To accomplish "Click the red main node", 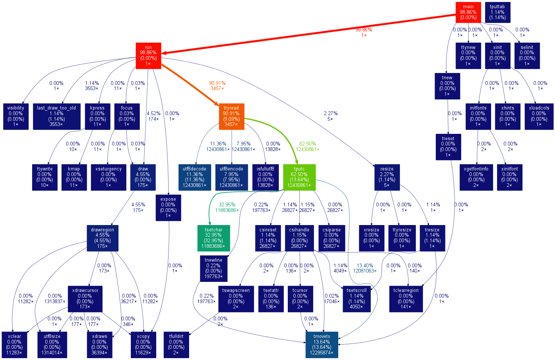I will [x=468, y=12].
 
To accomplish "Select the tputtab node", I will [x=497, y=12].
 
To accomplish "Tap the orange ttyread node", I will [x=231, y=116].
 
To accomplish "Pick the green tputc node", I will [x=299, y=177].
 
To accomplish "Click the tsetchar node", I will [x=213, y=238].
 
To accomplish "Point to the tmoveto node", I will [x=321, y=345].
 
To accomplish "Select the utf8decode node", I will [x=194, y=177].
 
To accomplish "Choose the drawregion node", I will [x=102, y=238].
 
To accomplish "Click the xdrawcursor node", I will [x=85, y=299].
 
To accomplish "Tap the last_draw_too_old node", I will [x=56, y=116].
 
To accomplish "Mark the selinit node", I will [x=527, y=55].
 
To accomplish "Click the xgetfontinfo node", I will [x=476, y=177].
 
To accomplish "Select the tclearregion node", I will [x=406, y=299].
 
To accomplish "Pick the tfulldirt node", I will [x=176, y=345].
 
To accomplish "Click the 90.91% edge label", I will [x=217, y=86].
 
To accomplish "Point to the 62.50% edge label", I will [x=307, y=146].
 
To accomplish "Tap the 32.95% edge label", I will [x=227, y=207].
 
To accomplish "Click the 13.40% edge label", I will [x=365, y=268].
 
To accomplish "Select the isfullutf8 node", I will [x=265, y=177].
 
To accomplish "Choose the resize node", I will [x=387, y=177].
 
